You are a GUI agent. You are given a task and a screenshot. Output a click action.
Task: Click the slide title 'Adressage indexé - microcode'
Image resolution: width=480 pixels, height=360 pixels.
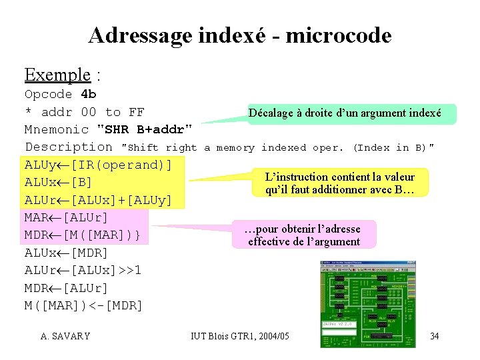(x=239, y=35)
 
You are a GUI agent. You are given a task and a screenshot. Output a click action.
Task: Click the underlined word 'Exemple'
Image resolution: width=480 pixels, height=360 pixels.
(x=57, y=74)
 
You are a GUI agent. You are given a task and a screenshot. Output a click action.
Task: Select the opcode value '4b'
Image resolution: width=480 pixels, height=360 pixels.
(x=88, y=94)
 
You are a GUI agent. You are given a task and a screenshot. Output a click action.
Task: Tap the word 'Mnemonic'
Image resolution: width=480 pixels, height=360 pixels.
(x=57, y=129)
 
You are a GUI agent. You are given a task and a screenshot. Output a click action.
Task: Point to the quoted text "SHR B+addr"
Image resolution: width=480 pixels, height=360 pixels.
(x=145, y=129)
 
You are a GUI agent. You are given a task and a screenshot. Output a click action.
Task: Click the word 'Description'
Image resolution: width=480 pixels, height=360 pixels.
(x=69, y=147)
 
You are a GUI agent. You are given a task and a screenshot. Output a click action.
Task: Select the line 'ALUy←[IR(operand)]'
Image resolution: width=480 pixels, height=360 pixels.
(x=98, y=165)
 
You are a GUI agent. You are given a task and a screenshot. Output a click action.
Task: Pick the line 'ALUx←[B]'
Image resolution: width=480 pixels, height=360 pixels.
(x=58, y=182)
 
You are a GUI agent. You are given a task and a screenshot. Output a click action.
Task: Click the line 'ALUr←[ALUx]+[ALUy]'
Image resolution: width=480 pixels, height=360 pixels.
(x=98, y=200)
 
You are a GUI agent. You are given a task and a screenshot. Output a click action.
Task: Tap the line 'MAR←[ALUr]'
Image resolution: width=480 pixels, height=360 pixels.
(x=66, y=217)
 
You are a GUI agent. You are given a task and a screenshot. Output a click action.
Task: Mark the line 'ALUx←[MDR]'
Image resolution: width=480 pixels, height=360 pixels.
(x=66, y=253)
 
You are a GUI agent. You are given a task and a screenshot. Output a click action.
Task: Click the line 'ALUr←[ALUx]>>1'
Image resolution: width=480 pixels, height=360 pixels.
(x=83, y=271)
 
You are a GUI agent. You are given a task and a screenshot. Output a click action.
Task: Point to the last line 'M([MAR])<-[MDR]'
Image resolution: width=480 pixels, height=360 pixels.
(x=83, y=306)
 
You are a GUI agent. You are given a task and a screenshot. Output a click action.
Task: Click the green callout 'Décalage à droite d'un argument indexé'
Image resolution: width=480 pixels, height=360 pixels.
(x=345, y=113)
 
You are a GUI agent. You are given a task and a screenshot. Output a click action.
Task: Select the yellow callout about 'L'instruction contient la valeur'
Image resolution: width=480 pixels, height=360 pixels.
(x=339, y=183)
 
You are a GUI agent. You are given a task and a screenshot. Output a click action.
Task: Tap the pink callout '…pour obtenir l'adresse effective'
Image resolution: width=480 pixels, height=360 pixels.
(x=303, y=235)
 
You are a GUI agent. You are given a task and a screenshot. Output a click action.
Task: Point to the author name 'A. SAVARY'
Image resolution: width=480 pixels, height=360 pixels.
(x=65, y=336)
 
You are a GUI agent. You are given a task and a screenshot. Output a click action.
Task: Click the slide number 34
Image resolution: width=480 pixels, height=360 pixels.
(x=434, y=336)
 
